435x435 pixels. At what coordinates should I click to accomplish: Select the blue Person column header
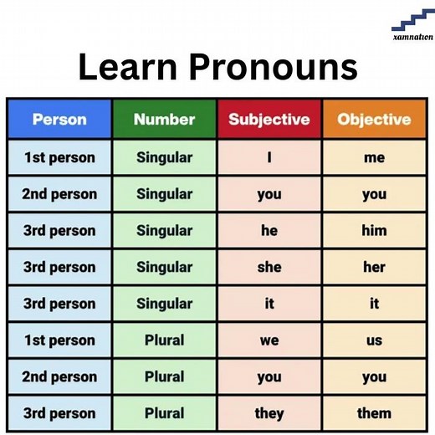coord(59,120)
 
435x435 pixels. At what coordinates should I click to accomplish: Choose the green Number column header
coord(164,120)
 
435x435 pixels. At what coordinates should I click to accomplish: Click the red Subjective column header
coord(269,120)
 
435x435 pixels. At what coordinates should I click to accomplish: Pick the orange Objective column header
coord(374,120)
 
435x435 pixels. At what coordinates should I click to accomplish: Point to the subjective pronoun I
coord(269,157)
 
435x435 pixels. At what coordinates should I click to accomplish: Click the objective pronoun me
coord(374,158)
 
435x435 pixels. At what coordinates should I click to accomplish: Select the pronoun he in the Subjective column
coord(269,230)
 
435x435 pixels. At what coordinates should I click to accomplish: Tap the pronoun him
coord(374,230)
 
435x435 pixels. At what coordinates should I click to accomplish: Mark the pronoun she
coord(269,267)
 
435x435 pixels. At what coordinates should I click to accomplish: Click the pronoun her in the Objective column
coord(374,267)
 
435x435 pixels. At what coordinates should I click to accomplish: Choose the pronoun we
coord(269,340)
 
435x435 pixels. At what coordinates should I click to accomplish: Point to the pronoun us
coord(374,340)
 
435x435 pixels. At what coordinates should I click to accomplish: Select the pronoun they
coord(269,412)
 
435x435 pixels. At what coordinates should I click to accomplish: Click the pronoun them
coord(374,412)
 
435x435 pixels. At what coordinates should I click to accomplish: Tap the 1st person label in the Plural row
coord(59,340)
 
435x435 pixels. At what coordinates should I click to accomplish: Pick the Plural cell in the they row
coord(164,412)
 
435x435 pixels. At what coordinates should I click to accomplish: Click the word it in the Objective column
coord(374,303)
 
